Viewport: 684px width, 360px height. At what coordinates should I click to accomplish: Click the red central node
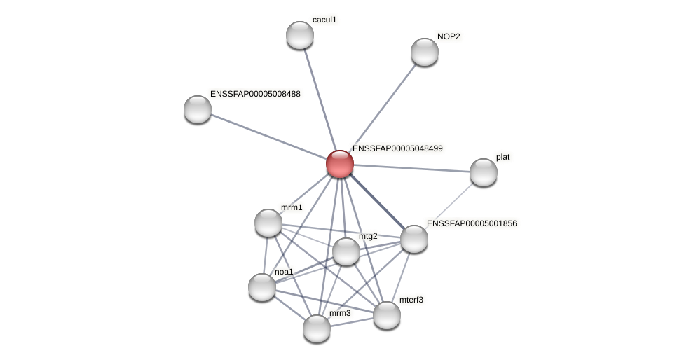pos(340,164)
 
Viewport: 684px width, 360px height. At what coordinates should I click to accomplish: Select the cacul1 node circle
pos(300,35)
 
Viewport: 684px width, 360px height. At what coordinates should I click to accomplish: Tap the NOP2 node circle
pos(425,52)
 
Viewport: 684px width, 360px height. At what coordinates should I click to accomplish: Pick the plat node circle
pos(484,172)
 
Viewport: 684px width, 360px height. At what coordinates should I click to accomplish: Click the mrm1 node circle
pos(268,223)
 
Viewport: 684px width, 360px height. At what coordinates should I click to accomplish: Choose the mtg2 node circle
pos(346,251)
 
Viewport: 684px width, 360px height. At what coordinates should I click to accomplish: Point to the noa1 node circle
pos(262,287)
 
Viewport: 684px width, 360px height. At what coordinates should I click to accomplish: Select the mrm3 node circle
pos(317,328)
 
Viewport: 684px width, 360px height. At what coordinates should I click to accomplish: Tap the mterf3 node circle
pos(387,315)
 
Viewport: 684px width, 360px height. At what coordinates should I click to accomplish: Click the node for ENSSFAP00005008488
pos(198,109)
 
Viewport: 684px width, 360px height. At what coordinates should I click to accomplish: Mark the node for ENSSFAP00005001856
pos(414,239)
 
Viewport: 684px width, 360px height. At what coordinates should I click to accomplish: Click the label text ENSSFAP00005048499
pos(397,148)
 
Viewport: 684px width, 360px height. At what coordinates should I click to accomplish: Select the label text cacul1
pos(324,20)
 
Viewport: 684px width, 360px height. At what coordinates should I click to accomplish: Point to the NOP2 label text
pos(449,36)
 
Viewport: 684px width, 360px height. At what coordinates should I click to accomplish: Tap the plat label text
pos(503,157)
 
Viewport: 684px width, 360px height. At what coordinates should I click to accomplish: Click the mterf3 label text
pos(411,300)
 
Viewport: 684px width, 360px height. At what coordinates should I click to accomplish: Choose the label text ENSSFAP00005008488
pos(255,94)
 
